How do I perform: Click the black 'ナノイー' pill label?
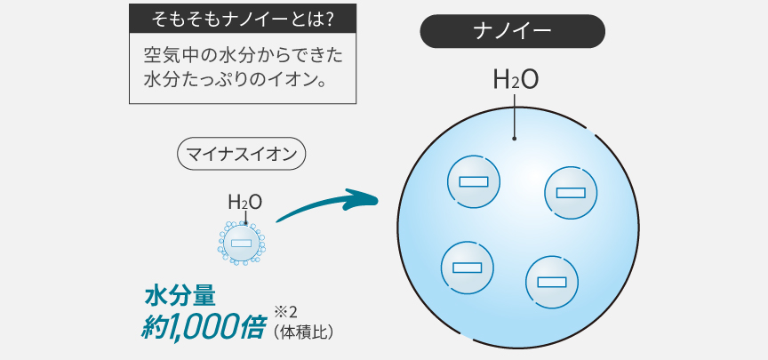(x=513, y=32)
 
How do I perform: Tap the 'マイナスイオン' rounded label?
(x=243, y=153)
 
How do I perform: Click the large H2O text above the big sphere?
(x=516, y=80)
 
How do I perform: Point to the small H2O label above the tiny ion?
(x=244, y=203)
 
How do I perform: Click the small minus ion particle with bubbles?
(x=242, y=242)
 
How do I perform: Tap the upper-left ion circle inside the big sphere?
(x=473, y=181)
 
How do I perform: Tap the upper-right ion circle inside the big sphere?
(x=570, y=192)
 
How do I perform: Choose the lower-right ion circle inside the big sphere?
(x=552, y=282)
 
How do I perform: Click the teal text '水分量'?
(x=180, y=296)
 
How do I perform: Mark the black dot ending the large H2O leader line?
(x=515, y=139)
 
